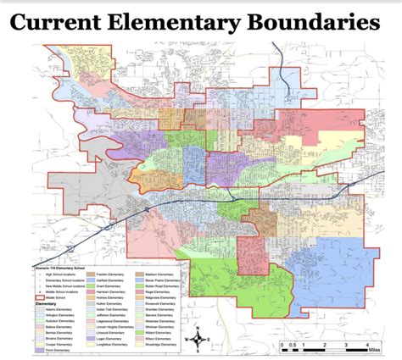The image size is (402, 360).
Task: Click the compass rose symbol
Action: pyautogui.click(x=198, y=338)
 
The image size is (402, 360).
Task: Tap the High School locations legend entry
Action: pyautogui.click(x=61, y=272)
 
